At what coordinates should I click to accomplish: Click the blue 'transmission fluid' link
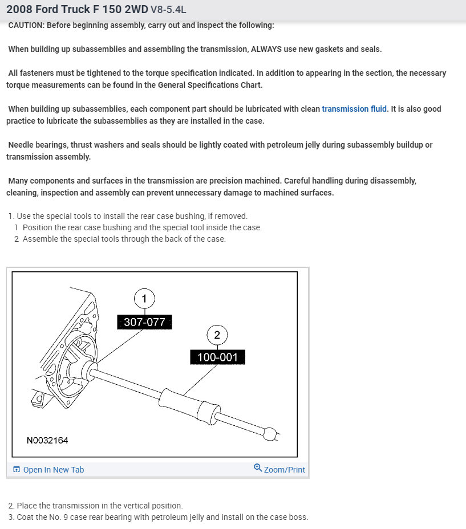click(x=354, y=109)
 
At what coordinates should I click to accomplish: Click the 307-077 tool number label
click(x=144, y=322)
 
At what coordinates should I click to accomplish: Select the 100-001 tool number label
click(x=217, y=357)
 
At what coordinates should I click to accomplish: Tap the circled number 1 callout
click(x=144, y=298)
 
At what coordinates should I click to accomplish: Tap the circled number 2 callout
click(x=217, y=335)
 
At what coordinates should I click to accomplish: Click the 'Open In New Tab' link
click(x=53, y=470)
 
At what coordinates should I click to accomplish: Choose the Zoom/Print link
click(x=284, y=470)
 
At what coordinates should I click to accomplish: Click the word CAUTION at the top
click(x=27, y=26)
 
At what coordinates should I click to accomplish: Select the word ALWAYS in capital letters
click(x=268, y=49)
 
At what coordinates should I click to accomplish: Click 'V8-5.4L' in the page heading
click(x=168, y=10)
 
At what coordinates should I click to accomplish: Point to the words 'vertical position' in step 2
click(x=152, y=506)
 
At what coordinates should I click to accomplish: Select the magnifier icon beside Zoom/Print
click(x=258, y=469)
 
